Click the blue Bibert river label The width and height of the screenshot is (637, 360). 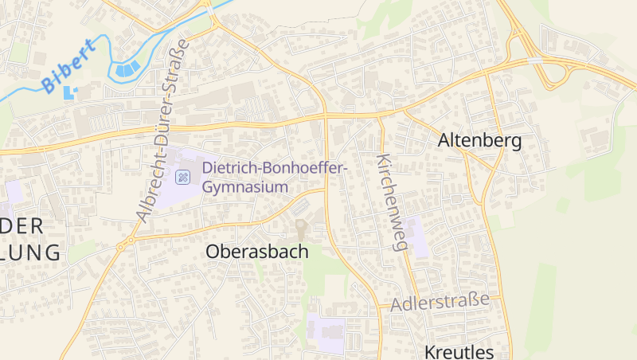pyautogui.click(x=68, y=65)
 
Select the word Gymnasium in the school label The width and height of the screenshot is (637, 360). pyautogui.click(x=244, y=187)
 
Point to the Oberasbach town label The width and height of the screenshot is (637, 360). pyautogui.click(x=256, y=251)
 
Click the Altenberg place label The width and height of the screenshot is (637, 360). pyautogui.click(x=479, y=141)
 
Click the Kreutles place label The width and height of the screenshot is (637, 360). pyautogui.click(x=459, y=352)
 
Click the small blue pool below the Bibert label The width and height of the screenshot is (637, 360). pyautogui.click(x=69, y=92)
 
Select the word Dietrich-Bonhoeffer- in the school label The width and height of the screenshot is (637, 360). pyautogui.click(x=275, y=169)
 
